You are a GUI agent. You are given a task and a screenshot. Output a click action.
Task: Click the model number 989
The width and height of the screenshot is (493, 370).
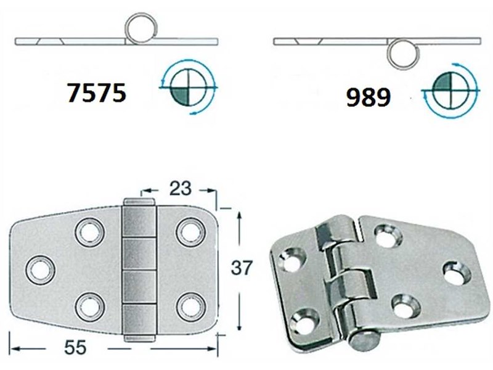pos(367,97)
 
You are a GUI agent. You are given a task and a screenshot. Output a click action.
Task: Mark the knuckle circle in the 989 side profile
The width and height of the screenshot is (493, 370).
pos(403,52)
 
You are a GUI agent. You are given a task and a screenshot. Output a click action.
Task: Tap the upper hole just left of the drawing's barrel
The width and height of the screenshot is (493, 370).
pos(89,232)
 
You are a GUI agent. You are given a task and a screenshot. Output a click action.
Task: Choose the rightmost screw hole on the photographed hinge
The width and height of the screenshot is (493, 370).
pos(455,273)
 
